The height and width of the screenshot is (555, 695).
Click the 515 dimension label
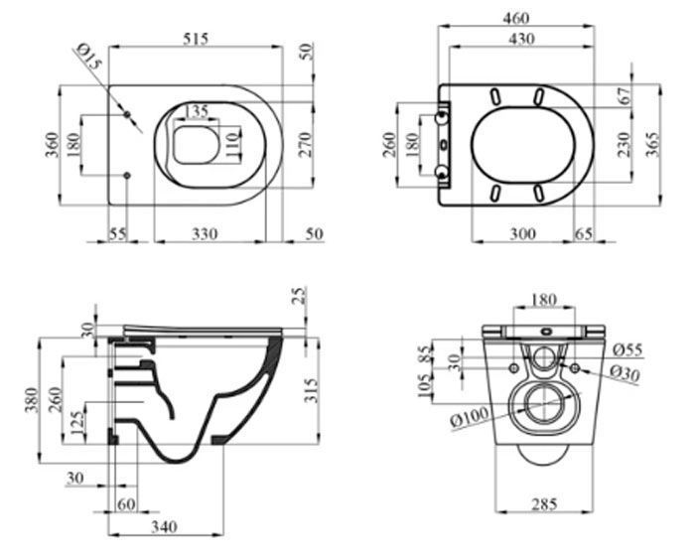pos(196,39)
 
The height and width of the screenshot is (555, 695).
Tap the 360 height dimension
pos(53,145)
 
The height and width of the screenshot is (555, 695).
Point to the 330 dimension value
pos(205,233)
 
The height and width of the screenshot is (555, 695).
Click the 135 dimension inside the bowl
pos(196,111)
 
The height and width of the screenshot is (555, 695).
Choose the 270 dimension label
pos(305,145)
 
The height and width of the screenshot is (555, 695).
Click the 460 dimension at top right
pos(516,18)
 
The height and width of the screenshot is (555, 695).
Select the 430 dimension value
pos(521,39)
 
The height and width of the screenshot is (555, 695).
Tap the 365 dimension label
pos(652,145)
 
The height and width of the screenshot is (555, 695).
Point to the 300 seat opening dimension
pos(522,233)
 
